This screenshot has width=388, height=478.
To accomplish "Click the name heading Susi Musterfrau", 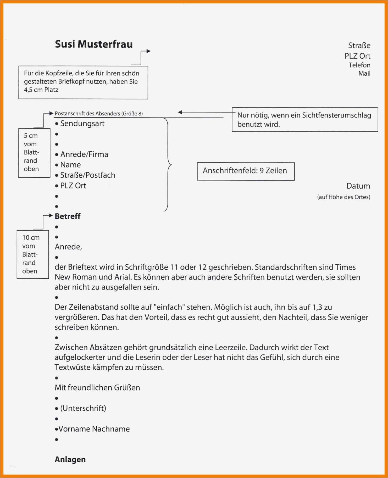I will pos(93,44).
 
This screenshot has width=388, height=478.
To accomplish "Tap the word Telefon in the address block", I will pos(359,65).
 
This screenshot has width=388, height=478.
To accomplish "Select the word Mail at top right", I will pos(364,74).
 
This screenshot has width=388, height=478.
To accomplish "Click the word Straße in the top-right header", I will pos(359,46).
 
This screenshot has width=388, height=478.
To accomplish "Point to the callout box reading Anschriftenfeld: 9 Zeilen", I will pos(246,171).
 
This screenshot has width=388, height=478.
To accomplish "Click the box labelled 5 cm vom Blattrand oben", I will pos(34,153).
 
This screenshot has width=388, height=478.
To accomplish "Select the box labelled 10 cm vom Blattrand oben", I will pos(32,254).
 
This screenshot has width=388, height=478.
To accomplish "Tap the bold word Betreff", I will pos(68,216).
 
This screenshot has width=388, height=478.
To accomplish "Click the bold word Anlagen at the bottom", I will pos(70,459).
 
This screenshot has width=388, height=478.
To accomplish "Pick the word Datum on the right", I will pos(358,186).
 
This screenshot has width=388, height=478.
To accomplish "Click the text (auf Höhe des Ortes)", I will pos(343,197).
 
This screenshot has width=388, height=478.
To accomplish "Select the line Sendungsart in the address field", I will pos(82,124).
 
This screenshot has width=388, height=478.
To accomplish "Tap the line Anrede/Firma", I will pos(84,154).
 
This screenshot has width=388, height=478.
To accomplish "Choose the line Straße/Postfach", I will pos(87,175).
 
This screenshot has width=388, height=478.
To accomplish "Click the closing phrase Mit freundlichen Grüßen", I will pos(97,387).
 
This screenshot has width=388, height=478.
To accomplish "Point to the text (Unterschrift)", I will pos(83,408).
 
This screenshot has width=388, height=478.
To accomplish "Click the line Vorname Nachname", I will pos(94,429).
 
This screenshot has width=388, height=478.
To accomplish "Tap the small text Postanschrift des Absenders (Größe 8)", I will pos(98,114).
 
